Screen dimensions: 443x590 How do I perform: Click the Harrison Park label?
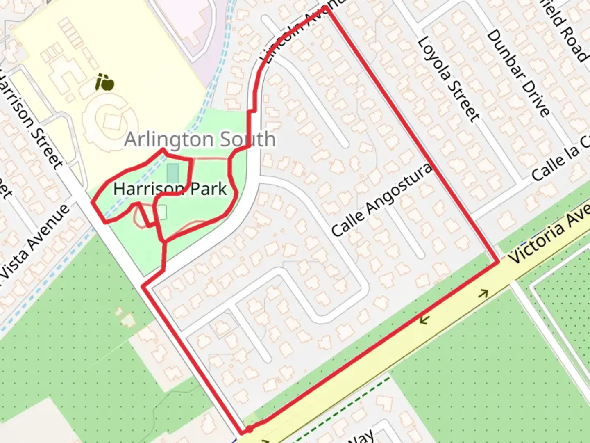(170, 189)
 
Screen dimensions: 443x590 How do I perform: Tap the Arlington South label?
(200, 139)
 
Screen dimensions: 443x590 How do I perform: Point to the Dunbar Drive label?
(518, 73)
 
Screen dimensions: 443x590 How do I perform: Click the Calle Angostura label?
(381, 200)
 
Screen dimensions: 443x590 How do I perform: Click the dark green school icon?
(104, 83)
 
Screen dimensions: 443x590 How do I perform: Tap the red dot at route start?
(249, 429)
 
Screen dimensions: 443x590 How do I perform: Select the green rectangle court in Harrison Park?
(173, 173)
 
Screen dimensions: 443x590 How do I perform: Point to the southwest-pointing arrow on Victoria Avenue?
(423, 319)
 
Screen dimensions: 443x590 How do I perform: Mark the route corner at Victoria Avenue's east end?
(498, 262)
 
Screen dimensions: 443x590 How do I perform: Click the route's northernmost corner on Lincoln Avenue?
(325, 7)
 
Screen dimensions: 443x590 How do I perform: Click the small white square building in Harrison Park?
(162, 212)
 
